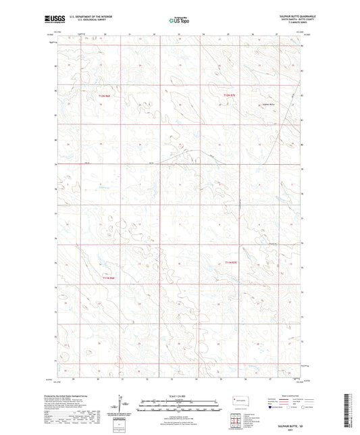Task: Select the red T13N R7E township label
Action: pyautogui.click(x=232, y=261)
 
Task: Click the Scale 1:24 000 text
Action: pyautogui.click(x=179, y=396)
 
